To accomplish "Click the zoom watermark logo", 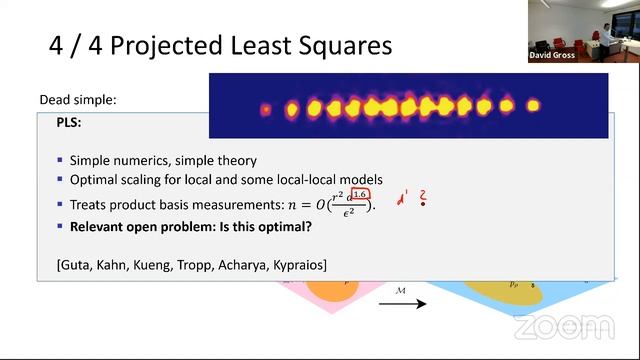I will click(564, 326).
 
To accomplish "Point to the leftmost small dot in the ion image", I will click(266, 108).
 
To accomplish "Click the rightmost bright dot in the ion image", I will click(532, 104).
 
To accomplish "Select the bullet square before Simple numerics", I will click(61, 160).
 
